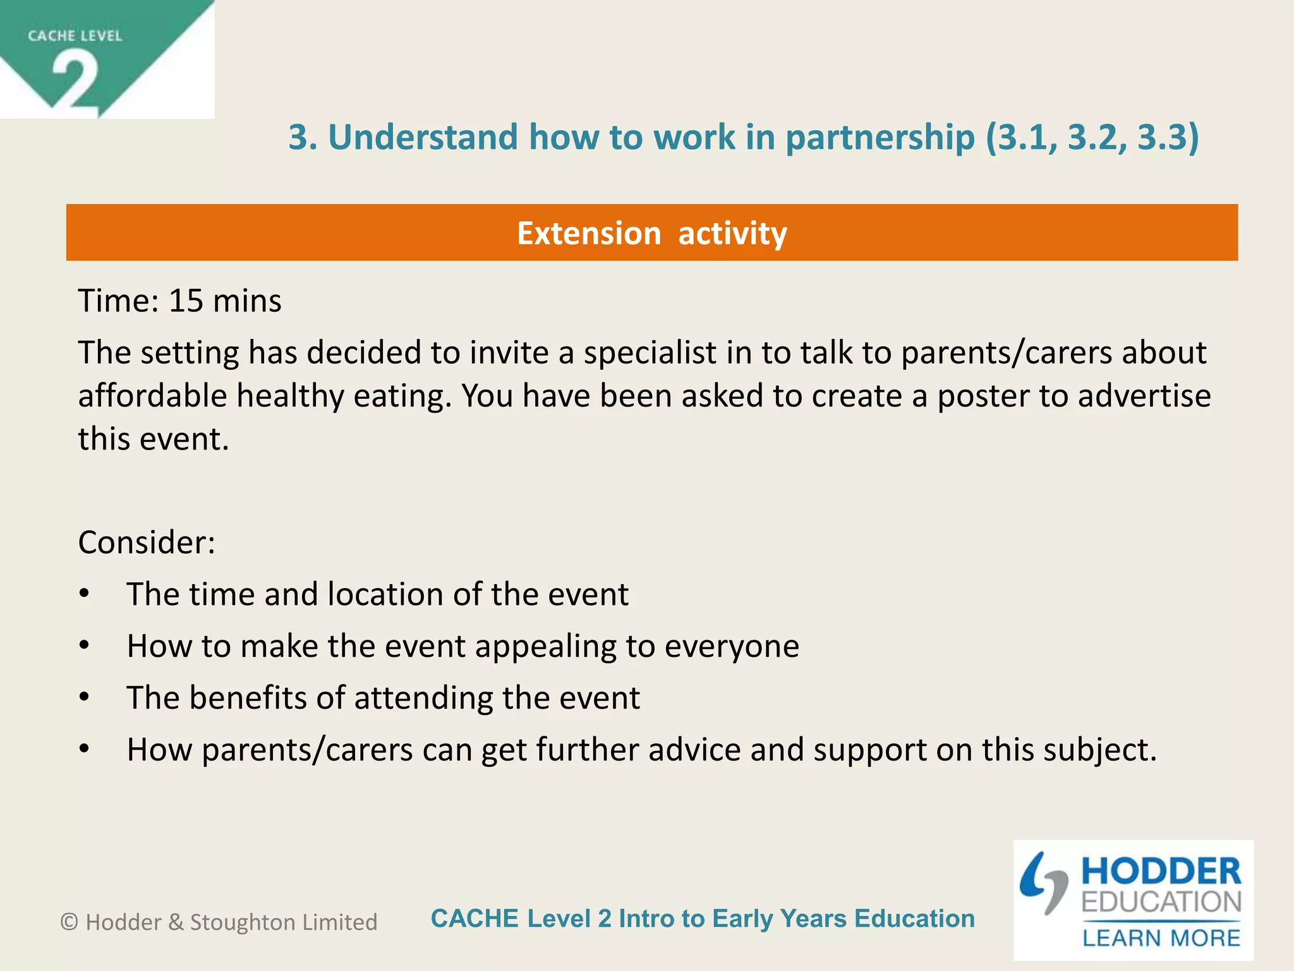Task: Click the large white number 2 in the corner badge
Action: [x=76, y=82]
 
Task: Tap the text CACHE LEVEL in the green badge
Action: [x=75, y=36]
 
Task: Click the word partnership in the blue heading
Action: [x=880, y=137]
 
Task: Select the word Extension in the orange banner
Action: [x=589, y=233]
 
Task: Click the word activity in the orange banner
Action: [x=732, y=233]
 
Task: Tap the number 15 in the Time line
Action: [x=186, y=301]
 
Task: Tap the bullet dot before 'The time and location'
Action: [x=85, y=594]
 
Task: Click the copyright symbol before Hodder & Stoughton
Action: [x=69, y=922]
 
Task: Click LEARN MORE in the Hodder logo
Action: [x=1161, y=938]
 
